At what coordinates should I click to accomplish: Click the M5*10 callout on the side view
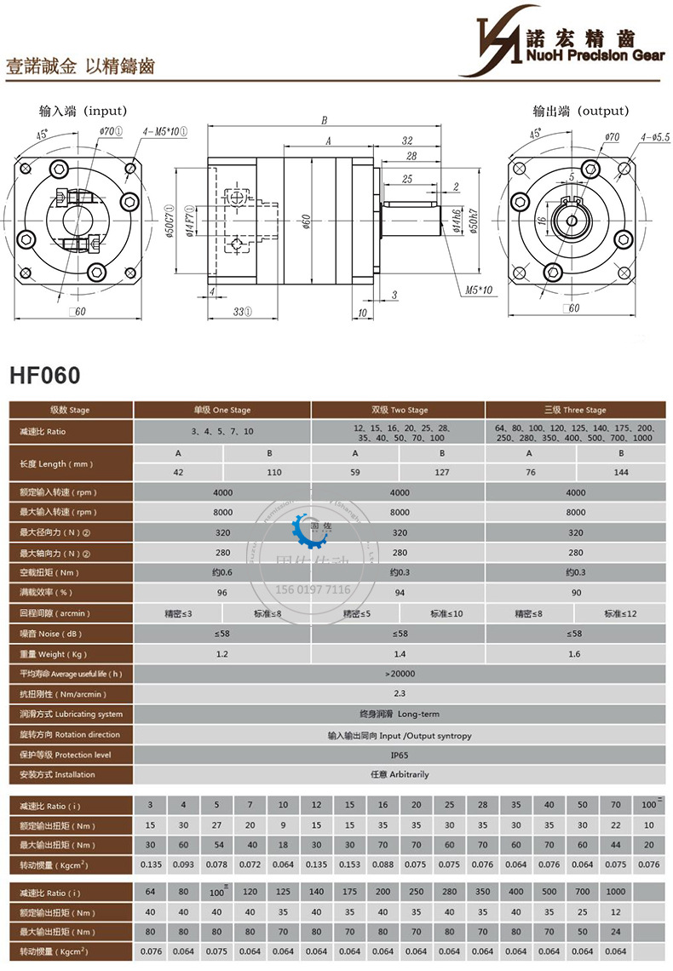point(479,290)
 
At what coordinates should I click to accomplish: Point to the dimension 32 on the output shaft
point(407,141)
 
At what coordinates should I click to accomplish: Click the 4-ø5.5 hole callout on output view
point(654,136)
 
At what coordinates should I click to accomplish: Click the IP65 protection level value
point(399,755)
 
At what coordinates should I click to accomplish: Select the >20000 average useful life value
point(399,674)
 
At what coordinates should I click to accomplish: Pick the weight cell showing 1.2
point(223,654)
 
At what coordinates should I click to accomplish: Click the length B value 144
point(621,471)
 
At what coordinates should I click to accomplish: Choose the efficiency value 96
point(223,593)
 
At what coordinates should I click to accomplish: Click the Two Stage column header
point(399,410)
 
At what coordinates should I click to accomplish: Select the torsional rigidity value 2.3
point(399,694)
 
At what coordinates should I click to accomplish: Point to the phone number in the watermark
point(313,589)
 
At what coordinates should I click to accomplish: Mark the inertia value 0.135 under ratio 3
point(151,865)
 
